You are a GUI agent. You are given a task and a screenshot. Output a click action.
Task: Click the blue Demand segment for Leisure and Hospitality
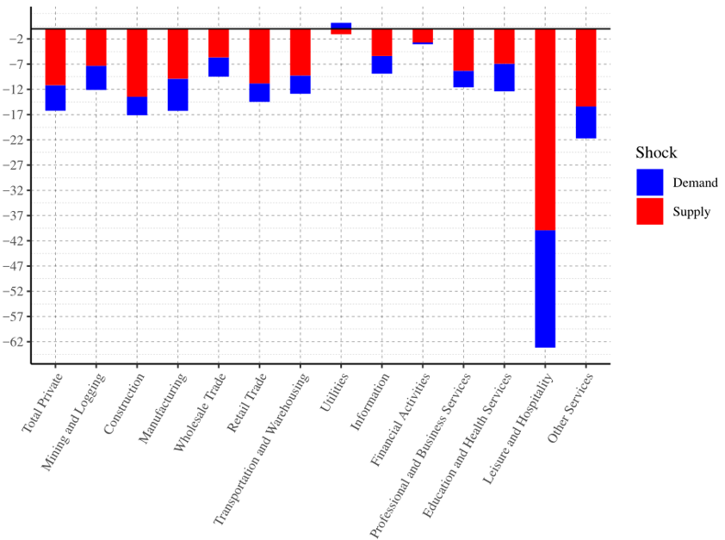pos(545,289)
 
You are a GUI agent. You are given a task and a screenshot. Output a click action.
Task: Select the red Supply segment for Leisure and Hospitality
pos(545,129)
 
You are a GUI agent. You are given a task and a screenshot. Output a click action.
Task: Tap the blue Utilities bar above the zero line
pos(341,26)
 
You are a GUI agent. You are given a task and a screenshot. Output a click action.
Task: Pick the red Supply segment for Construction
pos(137,63)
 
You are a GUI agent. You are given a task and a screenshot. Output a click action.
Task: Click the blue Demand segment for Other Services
pos(586,122)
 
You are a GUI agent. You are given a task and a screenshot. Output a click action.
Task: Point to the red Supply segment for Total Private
pos(55,57)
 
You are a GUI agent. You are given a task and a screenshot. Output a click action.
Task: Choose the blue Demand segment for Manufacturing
pos(178,95)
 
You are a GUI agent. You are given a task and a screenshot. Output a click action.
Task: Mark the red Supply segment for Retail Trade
pos(259,56)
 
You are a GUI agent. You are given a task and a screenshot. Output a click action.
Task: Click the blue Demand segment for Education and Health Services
pos(505,78)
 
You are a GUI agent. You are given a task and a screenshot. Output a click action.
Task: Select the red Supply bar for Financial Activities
pos(423,35)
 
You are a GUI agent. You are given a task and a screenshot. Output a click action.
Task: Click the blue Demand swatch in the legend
pos(650,182)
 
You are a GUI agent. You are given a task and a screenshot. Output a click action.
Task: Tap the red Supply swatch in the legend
pos(650,211)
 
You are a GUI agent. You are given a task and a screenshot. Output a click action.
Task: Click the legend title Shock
pos(656,153)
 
